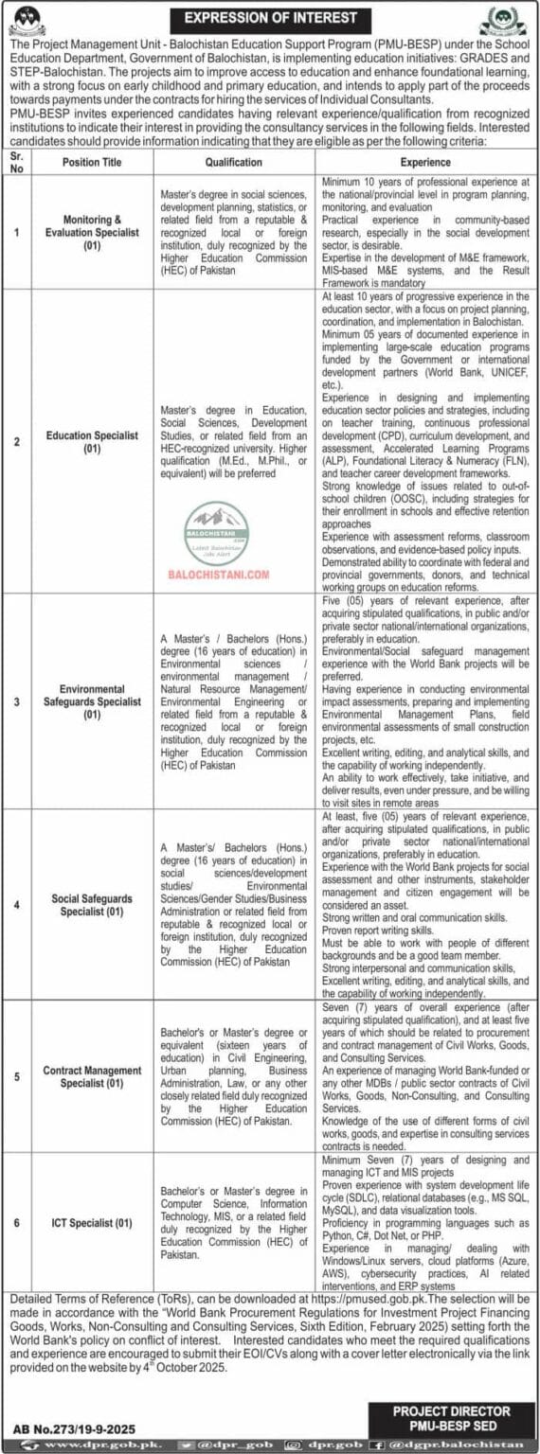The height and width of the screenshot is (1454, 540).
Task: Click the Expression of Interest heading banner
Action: click(270, 18)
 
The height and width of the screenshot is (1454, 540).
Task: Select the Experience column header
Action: click(425, 162)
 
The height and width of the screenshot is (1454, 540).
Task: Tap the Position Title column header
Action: click(92, 162)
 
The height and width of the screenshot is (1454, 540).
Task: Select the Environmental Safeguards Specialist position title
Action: click(92, 701)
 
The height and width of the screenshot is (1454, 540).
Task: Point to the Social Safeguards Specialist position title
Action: click(92, 904)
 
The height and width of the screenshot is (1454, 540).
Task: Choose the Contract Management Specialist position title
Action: click(92, 1076)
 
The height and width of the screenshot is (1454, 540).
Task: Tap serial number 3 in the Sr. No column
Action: click(17, 701)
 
